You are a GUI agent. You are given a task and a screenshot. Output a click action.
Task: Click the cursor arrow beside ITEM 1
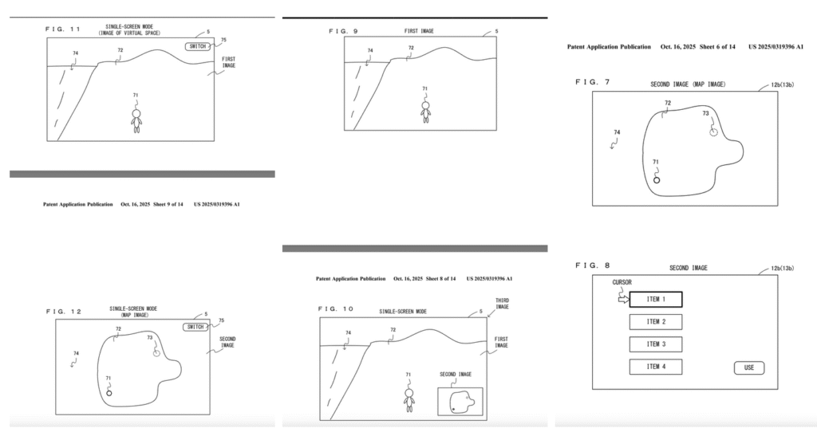(x=622, y=299)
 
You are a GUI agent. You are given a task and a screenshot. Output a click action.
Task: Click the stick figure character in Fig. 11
(x=136, y=118)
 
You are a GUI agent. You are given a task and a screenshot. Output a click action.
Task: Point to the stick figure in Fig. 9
(x=425, y=109)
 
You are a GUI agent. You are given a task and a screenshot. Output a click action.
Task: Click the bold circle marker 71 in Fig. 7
(x=657, y=180)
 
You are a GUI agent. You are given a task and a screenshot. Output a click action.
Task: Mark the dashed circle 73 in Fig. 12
(x=156, y=351)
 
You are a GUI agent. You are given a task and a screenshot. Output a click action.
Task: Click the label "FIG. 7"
(x=591, y=82)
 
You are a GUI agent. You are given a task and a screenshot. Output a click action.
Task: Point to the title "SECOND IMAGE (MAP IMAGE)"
(x=687, y=84)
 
